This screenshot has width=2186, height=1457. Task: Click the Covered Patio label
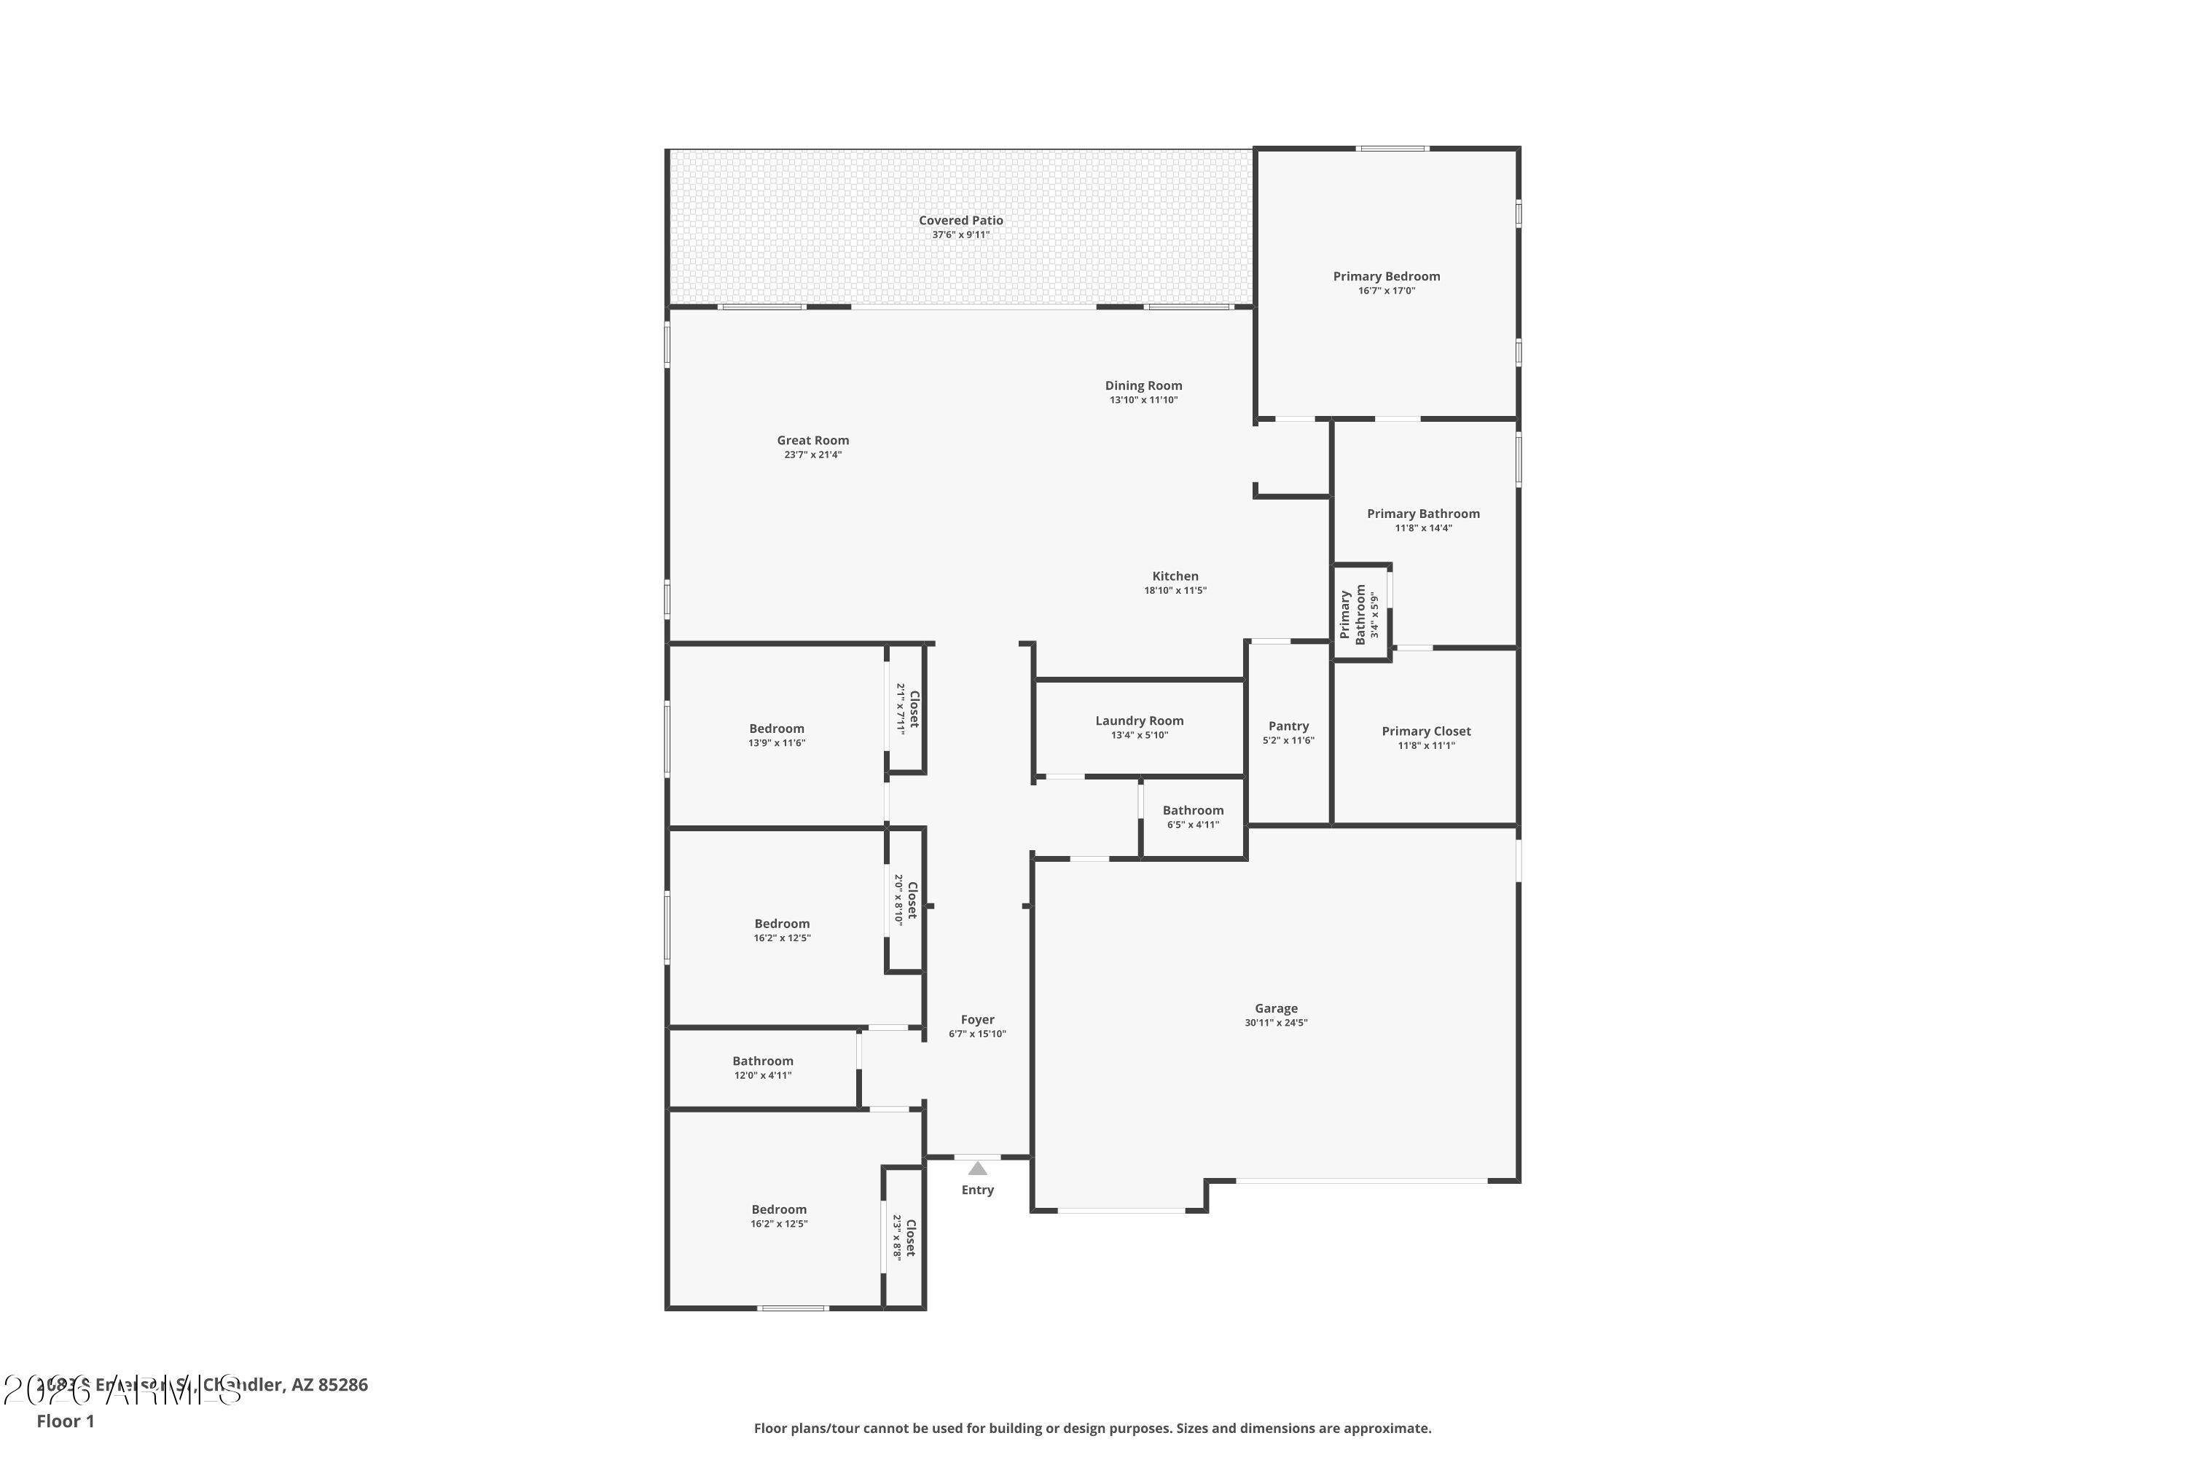[x=960, y=220]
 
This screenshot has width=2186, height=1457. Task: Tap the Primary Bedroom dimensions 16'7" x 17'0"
[x=1386, y=291]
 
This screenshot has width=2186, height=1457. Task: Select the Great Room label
[x=812, y=441]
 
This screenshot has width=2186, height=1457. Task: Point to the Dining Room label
[x=1143, y=385]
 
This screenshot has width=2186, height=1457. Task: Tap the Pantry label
[x=1288, y=726]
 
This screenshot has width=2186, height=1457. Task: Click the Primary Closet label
[x=1426, y=731]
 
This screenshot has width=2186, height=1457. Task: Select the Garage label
[x=1275, y=1008]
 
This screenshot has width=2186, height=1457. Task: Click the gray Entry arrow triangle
[x=977, y=1169]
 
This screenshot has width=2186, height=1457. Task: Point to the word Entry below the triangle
[x=977, y=1190]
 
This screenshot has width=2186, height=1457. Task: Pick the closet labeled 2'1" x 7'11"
[x=907, y=709]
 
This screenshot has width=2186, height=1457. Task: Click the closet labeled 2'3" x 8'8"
[x=904, y=1238]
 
